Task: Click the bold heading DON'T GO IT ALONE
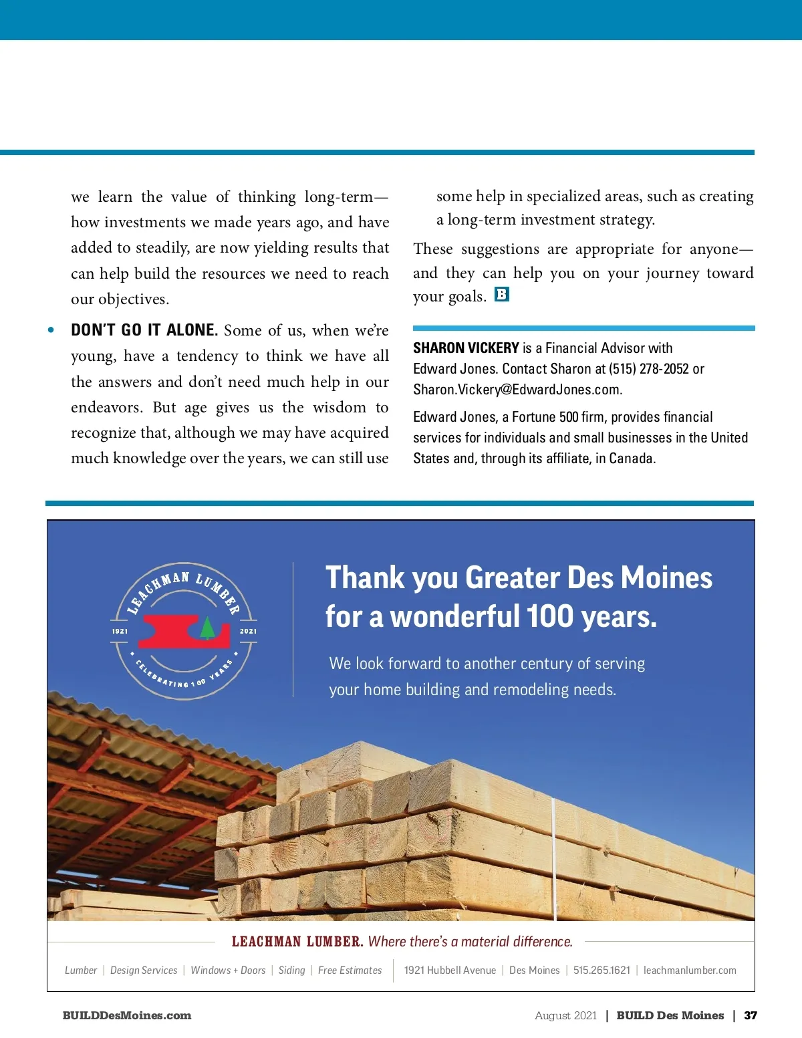tap(144, 330)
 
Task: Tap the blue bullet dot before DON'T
tap(51, 330)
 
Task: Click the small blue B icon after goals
tap(502, 294)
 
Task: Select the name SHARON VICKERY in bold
tap(466, 348)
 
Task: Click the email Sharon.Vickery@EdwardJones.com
tap(517, 390)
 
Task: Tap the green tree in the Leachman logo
tap(207, 628)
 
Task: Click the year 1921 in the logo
tap(120, 631)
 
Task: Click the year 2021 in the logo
tap(248, 631)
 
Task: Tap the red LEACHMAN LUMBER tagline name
tap(297, 942)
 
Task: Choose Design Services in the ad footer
tap(144, 970)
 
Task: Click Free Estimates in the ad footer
tap(350, 970)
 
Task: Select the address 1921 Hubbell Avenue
tap(450, 970)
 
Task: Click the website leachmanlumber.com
tap(690, 970)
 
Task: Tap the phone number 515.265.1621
tap(601, 970)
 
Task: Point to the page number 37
tap(751, 1015)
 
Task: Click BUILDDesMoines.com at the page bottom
tap(127, 1015)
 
